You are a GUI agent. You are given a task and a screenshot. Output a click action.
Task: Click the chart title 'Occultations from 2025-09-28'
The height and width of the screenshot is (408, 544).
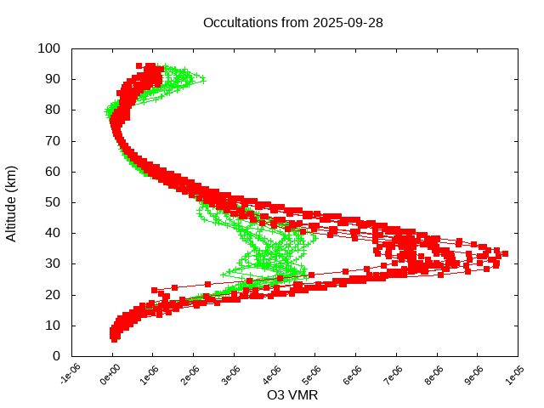pyautogui.click(x=292, y=22)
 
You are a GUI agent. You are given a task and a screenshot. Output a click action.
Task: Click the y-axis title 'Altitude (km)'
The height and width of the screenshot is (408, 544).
pyautogui.click(x=11, y=202)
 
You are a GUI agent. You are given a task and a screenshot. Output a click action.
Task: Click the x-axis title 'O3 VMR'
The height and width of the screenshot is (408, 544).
pyautogui.click(x=292, y=395)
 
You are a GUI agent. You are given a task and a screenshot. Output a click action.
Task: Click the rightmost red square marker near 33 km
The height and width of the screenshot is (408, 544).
pyautogui.click(x=505, y=253)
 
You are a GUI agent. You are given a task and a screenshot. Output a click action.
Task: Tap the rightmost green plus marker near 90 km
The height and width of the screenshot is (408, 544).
pyautogui.click(x=201, y=79)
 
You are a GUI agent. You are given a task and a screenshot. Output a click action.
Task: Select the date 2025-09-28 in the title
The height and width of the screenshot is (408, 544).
pyautogui.click(x=348, y=22)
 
